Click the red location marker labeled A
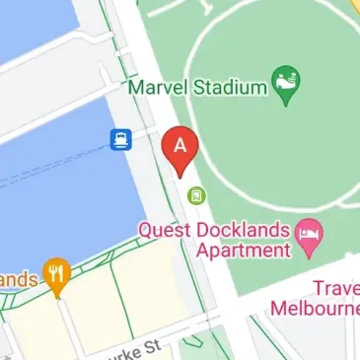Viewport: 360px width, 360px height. [x=180, y=149]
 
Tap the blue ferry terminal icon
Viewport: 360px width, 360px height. [x=121, y=138]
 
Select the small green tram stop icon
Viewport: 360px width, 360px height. [x=196, y=195]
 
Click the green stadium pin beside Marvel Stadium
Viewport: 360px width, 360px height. [x=287, y=86]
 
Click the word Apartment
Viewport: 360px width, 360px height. [x=242, y=251]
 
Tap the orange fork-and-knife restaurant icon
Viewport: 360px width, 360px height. [x=57, y=278]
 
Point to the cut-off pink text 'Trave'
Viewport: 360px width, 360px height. [x=336, y=288]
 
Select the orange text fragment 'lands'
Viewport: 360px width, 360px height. [x=18, y=280]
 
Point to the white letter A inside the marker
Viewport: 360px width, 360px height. [x=180, y=144]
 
